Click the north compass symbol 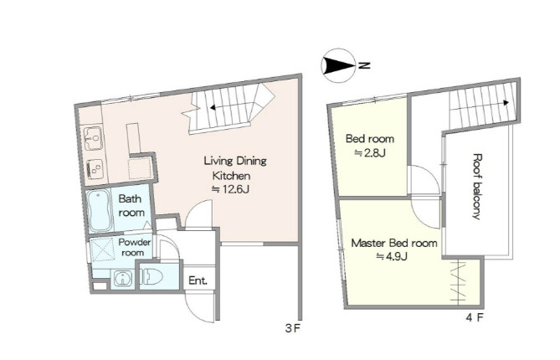tap(338, 65)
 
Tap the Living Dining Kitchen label tap(234, 167)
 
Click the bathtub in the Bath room tap(100, 211)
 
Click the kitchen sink tap(94, 138)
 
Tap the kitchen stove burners tap(95, 168)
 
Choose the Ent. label tap(198, 280)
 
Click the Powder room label tap(134, 247)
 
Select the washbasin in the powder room tap(123, 279)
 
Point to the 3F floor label tap(292, 328)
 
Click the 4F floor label tap(475, 316)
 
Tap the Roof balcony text tap(477, 187)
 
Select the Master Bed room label tap(394, 244)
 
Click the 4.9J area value tap(392, 256)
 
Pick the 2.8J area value tap(370, 153)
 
